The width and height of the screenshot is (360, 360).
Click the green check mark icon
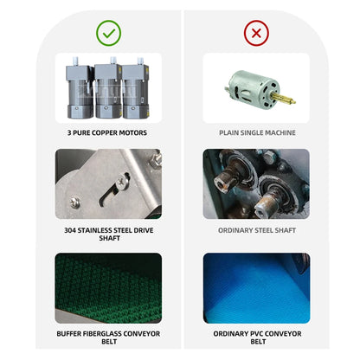(x=108, y=33)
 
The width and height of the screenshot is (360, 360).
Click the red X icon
(x=256, y=33)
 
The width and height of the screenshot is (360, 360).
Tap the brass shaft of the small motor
(x=285, y=99)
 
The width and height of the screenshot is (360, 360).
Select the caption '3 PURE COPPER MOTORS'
(x=107, y=132)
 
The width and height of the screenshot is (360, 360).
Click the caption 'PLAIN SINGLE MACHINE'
(x=257, y=132)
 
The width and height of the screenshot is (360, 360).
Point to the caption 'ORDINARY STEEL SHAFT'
(x=257, y=230)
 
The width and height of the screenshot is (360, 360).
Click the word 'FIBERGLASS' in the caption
(x=101, y=334)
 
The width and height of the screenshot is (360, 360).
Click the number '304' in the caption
(x=70, y=230)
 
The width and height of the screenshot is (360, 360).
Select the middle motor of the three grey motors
(x=108, y=89)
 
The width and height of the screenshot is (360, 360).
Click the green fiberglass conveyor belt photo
(x=108, y=288)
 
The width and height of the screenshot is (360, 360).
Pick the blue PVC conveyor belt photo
(x=256, y=288)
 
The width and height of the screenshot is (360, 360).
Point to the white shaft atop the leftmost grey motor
(x=75, y=61)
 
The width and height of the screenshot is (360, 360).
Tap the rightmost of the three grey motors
(x=136, y=89)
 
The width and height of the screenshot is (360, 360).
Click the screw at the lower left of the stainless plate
(x=75, y=202)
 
